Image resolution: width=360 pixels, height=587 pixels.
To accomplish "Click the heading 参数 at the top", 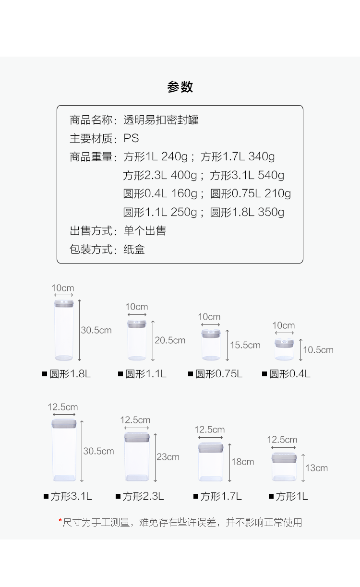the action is pyautogui.click(x=180, y=87).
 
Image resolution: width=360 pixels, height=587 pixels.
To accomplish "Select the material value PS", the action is pyautogui.click(x=131, y=139).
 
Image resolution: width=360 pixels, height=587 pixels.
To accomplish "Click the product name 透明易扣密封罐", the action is pyautogui.click(x=161, y=120).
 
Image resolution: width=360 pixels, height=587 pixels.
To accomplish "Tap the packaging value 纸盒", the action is pyautogui.click(x=134, y=250).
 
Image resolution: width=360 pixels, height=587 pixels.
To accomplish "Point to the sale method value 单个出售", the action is pyautogui.click(x=144, y=231).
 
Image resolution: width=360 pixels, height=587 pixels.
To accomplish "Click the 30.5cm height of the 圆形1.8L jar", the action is pyautogui.click(x=96, y=330).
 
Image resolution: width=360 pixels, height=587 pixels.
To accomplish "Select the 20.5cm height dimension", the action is pyautogui.click(x=170, y=340).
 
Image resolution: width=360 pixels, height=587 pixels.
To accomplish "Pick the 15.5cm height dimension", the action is pyautogui.click(x=245, y=345).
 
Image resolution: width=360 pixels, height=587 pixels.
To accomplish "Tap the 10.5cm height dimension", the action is pyautogui.click(x=318, y=350).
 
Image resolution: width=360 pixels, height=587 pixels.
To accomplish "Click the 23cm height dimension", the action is pyautogui.click(x=168, y=457).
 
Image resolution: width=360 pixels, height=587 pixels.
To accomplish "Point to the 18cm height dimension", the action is pyautogui.click(x=243, y=462).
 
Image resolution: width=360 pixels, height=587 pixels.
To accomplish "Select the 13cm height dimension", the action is pyautogui.click(x=317, y=468).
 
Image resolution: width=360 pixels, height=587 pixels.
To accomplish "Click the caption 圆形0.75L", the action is pyautogui.click(x=219, y=374).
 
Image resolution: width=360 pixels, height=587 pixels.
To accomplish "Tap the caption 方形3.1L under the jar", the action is pyautogui.click(x=72, y=496).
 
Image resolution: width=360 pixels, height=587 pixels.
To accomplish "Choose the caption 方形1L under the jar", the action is pyautogui.click(x=292, y=496).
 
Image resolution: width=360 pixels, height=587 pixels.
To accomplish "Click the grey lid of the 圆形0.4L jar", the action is pyautogui.click(x=284, y=343).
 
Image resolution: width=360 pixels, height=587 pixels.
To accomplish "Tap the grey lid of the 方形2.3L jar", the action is pyautogui.click(x=137, y=437).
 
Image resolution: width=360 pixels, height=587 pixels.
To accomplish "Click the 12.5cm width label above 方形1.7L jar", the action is pyautogui.click(x=210, y=430).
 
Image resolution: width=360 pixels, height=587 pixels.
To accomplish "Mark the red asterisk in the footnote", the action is pyautogui.click(x=60, y=521).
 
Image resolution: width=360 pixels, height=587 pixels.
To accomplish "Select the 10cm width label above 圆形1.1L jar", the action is pyautogui.click(x=137, y=307).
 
